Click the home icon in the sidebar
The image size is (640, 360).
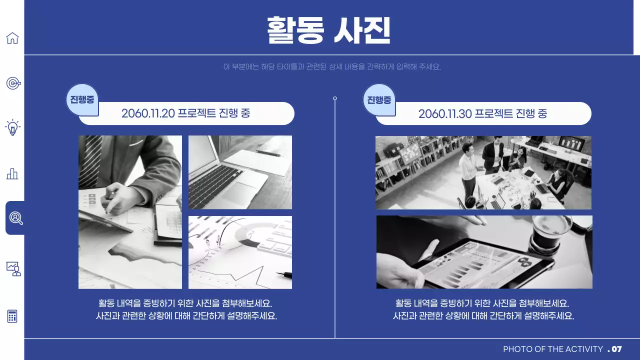click(x=12, y=38)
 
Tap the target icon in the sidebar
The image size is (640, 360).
click(x=13, y=83)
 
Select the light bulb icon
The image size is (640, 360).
click(x=12, y=127)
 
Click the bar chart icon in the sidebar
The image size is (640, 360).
click(x=12, y=173)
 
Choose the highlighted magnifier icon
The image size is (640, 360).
click(x=15, y=218)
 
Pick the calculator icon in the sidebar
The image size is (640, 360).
click(x=12, y=316)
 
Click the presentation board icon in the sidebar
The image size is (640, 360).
click(x=13, y=268)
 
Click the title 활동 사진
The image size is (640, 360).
click(x=328, y=30)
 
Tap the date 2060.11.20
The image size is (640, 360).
click(x=148, y=113)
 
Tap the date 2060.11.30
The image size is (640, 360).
click(x=445, y=113)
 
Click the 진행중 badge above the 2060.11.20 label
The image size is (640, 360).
click(x=82, y=99)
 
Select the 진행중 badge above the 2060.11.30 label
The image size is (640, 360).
click(x=379, y=99)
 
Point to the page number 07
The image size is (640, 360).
click(x=616, y=349)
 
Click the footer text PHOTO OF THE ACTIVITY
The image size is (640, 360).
click(x=552, y=349)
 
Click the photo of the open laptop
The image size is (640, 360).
click(x=240, y=172)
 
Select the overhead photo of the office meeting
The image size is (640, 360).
click(x=483, y=172)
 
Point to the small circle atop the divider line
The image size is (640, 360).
click(x=335, y=98)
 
